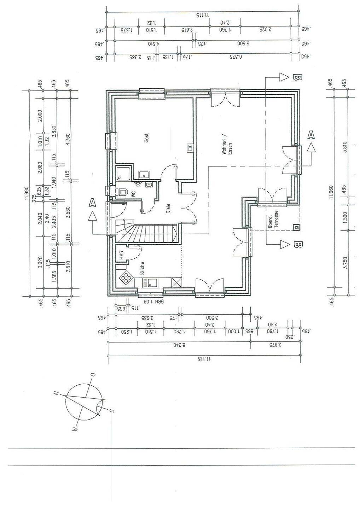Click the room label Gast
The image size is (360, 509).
(146, 138)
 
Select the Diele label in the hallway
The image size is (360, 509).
(168, 209)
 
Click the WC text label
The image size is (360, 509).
(133, 194)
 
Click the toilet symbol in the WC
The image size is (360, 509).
(122, 192)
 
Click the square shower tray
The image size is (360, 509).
(123, 174)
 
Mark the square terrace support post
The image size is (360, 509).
(296, 228)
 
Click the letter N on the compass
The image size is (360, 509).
(56, 393)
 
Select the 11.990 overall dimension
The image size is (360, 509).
(26, 193)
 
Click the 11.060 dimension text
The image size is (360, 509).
(331, 193)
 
